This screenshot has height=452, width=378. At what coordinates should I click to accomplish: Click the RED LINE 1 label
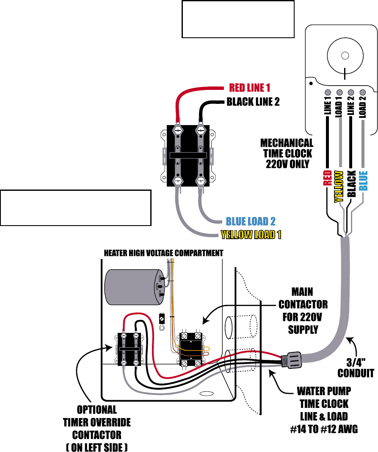click(249, 88)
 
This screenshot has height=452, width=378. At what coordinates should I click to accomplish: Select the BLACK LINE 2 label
click(253, 102)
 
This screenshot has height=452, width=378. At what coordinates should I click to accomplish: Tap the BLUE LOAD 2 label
click(251, 221)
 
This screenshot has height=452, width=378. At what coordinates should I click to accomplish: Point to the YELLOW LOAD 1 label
click(251, 234)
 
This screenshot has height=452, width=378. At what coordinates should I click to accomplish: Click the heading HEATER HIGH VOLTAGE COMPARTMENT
click(163, 253)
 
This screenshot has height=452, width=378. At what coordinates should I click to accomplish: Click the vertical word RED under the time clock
click(327, 179)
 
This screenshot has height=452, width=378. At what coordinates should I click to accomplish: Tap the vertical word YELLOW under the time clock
click(339, 187)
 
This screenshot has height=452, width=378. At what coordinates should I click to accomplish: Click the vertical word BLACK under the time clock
click(351, 183)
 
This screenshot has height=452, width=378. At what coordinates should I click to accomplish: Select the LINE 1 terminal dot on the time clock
click(327, 92)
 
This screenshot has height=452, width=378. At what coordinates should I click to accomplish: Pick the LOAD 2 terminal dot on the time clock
click(363, 92)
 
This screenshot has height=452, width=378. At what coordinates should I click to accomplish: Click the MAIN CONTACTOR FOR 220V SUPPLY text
click(303, 310)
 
